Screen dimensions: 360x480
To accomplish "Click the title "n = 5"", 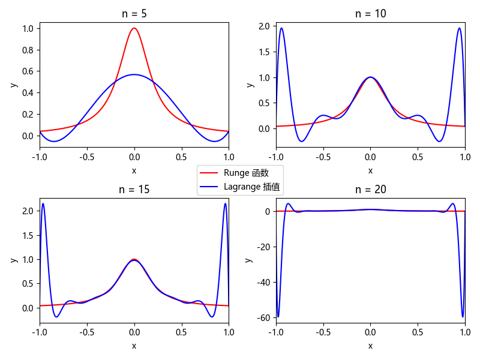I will [134, 13].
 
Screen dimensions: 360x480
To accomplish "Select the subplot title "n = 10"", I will [370, 13].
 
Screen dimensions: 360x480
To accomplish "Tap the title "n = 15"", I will [134, 190].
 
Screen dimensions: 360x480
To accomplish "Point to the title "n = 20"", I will [370, 190].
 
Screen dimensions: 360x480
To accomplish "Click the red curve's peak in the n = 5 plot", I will [134, 28].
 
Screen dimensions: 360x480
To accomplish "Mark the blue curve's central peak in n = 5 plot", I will [134, 74].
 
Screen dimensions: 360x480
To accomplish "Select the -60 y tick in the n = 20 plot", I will [265, 317].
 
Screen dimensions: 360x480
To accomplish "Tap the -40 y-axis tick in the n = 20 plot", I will [265, 282].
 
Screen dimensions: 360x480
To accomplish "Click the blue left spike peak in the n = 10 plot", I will [281, 28].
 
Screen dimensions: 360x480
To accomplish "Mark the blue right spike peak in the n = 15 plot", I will [225, 203].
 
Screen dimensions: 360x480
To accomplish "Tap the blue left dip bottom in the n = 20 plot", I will [278, 317].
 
